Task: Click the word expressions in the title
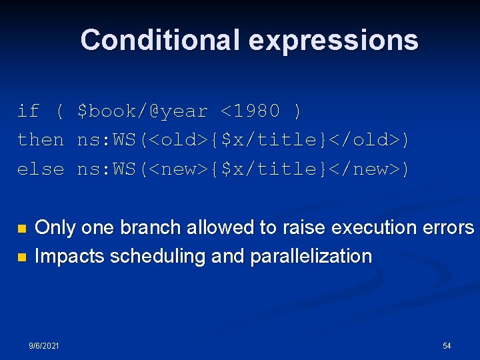pyautogui.click(x=333, y=40)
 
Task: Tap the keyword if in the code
pyautogui.click(x=28, y=111)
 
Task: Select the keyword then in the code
pyautogui.click(x=40, y=140)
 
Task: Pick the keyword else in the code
pyautogui.click(x=40, y=169)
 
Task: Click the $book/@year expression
pyautogui.click(x=143, y=111)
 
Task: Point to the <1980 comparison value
pyautogui.click(x=251, y=111)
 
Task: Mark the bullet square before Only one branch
pyautogui.click(x=21, y=229)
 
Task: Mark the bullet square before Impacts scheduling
pyautogui.click(x=21, y=257)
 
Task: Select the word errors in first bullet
pyautogui.click(x=447, y=227)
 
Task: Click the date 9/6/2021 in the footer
pyautogui.click(x=44, y=346)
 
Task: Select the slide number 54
pyautogui.click(x=447, y=346)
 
